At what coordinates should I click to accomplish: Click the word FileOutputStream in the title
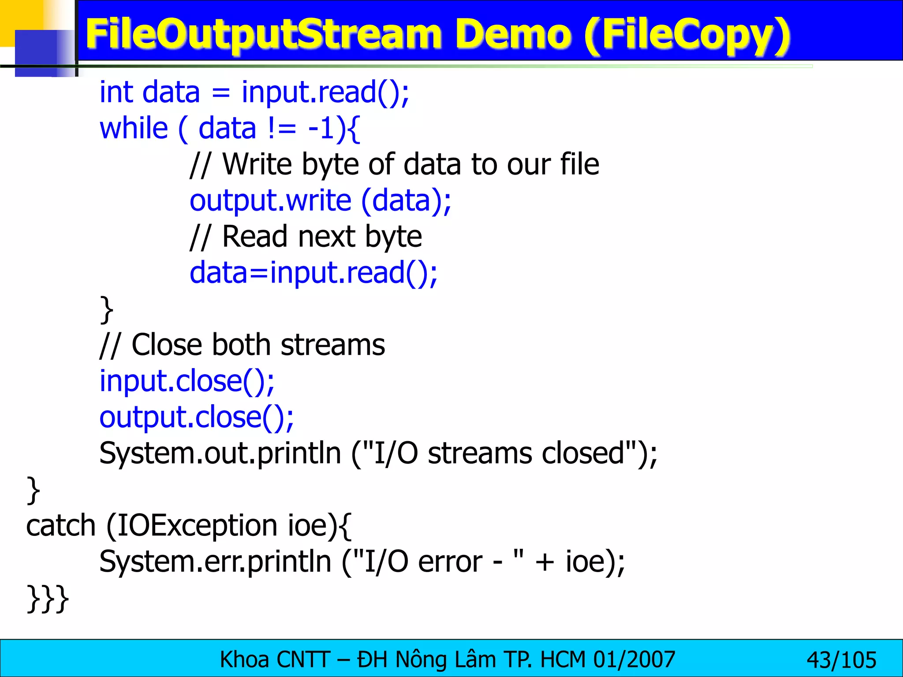click(x=263, y=34)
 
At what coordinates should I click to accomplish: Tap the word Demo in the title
click(x=513, y=34)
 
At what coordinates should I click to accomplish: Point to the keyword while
click(x=134, y=128)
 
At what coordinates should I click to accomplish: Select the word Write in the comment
click(x=257, y=164)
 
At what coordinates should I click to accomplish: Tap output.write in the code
click(x=270, y=201)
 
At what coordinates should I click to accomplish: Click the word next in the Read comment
click(x=327, y=237)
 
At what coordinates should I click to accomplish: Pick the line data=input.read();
click(x=313, y=273)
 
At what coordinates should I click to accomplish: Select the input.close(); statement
click(x=187, y=381)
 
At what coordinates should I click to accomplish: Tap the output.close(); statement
click(x=197, y=417)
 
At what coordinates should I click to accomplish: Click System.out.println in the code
click(x=220, y=454)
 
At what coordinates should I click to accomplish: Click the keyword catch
click(x=61, y=526)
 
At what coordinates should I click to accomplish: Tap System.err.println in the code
click(x=215, y=562)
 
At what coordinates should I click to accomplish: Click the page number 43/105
click(x=841, y=660)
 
